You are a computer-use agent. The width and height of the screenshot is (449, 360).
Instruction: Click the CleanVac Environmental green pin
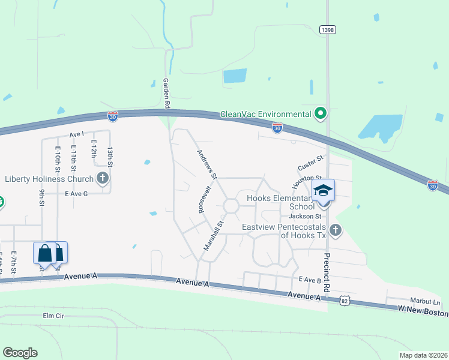(321, 113)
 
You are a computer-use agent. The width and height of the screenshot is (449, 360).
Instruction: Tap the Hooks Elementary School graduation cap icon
(324, 191)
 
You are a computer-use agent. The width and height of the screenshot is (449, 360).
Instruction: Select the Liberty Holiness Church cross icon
(103, 178)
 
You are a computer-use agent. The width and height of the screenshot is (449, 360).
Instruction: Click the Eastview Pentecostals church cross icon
(336, 229)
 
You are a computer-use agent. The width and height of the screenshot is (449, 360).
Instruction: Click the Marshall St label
(213, 235)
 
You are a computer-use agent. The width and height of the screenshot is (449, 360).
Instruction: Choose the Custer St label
(311, 161)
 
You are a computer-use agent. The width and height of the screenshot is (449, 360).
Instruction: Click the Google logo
(20, 353)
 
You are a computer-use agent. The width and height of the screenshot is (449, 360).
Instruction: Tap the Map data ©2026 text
(423, 355)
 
